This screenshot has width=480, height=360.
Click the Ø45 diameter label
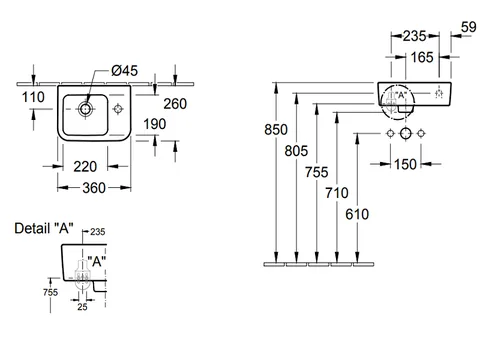coord(124,71)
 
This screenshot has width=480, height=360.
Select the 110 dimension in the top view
coord(33,97)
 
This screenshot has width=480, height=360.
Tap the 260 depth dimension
coord(175,104)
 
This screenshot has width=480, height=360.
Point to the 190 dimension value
coord(155,124)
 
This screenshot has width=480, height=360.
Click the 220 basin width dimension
coord(85,167)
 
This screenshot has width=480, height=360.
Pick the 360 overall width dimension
coord(94,188)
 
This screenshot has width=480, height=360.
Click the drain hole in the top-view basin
coord(85,109)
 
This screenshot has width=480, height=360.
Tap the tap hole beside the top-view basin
coord(118,109)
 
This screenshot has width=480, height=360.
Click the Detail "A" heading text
coord(44,228)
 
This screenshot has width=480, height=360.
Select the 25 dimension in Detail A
coord(82,307)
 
